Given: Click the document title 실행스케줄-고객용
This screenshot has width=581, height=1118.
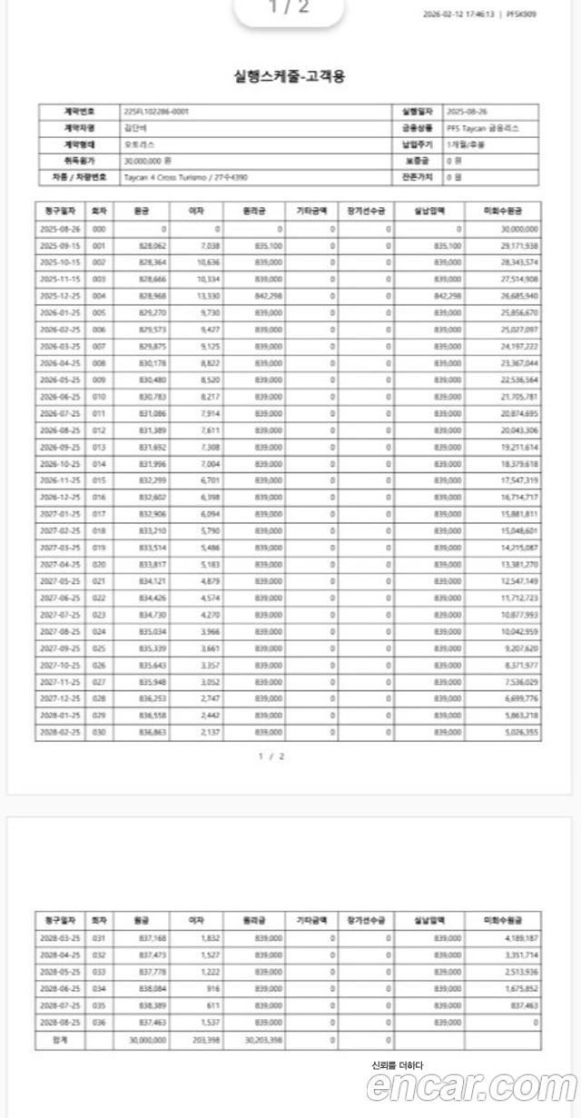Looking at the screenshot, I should point(290,76).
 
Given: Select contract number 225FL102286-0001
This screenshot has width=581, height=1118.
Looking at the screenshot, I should point(156,112).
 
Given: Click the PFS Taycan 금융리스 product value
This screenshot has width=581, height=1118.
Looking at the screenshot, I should point(482,128).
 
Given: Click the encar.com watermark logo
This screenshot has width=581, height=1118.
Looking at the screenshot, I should point(471,1086).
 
